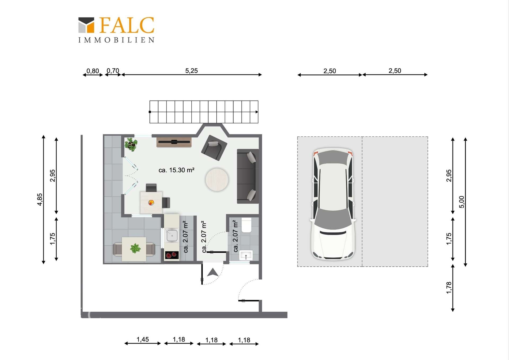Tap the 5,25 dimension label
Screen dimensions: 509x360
pyautogui.click(x=191, y=71)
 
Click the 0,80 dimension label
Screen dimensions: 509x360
pyautogui.click(x=93, y=71)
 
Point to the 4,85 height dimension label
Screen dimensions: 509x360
pyautogui.click(x=40, y=199)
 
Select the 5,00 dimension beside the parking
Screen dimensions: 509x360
pyautogui.click(x=462, y=202)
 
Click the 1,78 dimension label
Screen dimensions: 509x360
pyautogui.click(x=449, y=288)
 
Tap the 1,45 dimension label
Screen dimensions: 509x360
pyautogui.click(x=143, y=339)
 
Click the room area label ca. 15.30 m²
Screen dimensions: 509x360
pyautogui.click(x=177, y=170)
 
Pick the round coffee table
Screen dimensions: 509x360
pyautogui.click(x=217, y=180)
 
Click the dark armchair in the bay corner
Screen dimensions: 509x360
pyautogui.click(x=214, y=148)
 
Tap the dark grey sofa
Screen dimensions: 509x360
pyautogui.click(x=248, y=176)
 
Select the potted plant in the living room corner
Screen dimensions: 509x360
pyautogui.click(x=131, y=144)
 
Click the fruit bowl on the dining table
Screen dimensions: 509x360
pyautogui.click(x=151, y=203)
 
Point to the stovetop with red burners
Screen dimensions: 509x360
pyautogui.click(x=172, y=255)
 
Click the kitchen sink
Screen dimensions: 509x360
pyautogui.click(x=172, y=235)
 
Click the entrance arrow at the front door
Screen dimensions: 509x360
pyautogui.click(x=213, y=272)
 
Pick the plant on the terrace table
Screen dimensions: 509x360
pyautogui.click(x=135, y=248)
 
